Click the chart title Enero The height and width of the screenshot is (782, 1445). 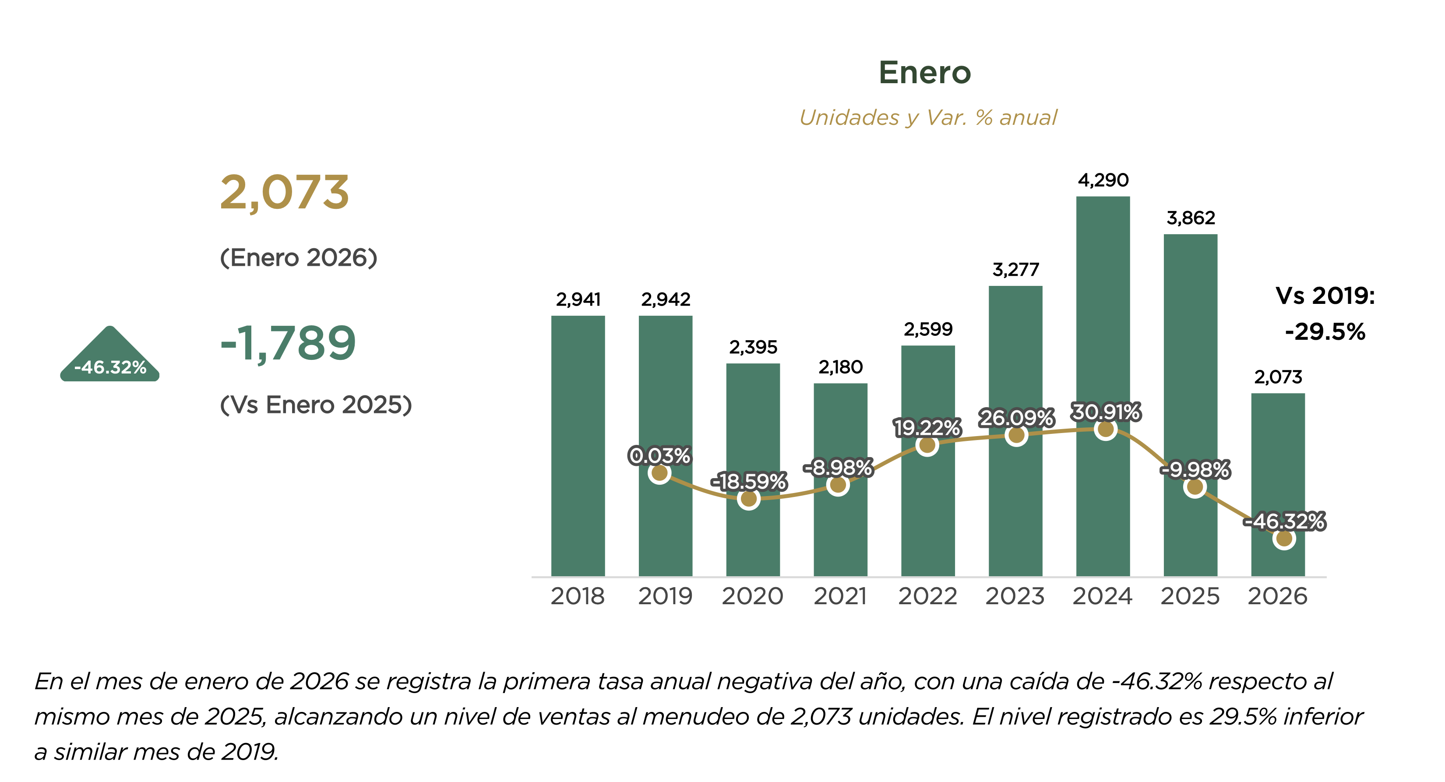coord(924,73)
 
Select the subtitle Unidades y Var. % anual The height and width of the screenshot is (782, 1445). coord(928,118)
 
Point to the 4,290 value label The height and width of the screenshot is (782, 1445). coord(1103,180)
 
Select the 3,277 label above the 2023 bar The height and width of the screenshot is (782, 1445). coord(1015,270)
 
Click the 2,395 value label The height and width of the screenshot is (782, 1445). coord(753,347)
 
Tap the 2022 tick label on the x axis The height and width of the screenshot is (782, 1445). coord(927,596)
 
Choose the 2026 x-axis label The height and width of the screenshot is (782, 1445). coord(1277,596)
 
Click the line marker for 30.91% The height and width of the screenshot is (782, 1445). coord(1106,430)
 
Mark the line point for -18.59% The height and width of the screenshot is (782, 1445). coord(749,499)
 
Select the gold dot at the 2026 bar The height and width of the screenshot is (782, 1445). coord(1284,539)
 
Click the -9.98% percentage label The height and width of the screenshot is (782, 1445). coord(1195,469)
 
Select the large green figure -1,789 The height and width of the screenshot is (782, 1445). coord(288,343)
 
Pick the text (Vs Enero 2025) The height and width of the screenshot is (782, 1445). coord(316,405)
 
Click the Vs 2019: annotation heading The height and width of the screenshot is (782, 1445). coord(1325,296)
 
